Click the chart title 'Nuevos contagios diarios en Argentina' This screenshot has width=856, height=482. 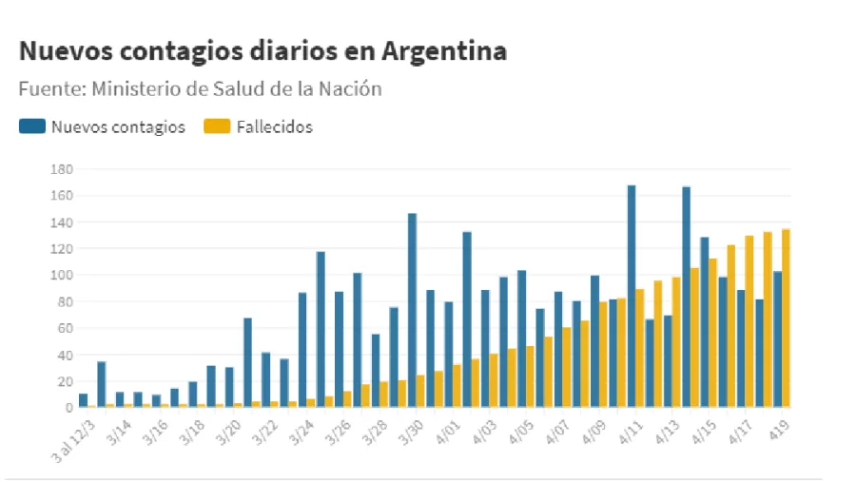[263, 51]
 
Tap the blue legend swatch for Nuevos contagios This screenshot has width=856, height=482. [32, 127]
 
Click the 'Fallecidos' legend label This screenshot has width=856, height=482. [276, 127]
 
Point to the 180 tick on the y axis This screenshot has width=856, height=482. [62, 169]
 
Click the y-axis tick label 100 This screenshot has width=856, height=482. [62, 276]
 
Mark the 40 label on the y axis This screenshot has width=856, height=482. [65, 356]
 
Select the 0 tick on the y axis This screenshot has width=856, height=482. [68, 408]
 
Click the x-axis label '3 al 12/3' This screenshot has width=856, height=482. [74, 435]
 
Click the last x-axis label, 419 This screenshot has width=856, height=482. [779, 429]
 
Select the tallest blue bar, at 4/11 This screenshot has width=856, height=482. [632, 296]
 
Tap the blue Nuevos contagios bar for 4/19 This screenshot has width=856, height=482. [777, 339]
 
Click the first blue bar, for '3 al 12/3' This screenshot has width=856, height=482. [84, 400]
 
